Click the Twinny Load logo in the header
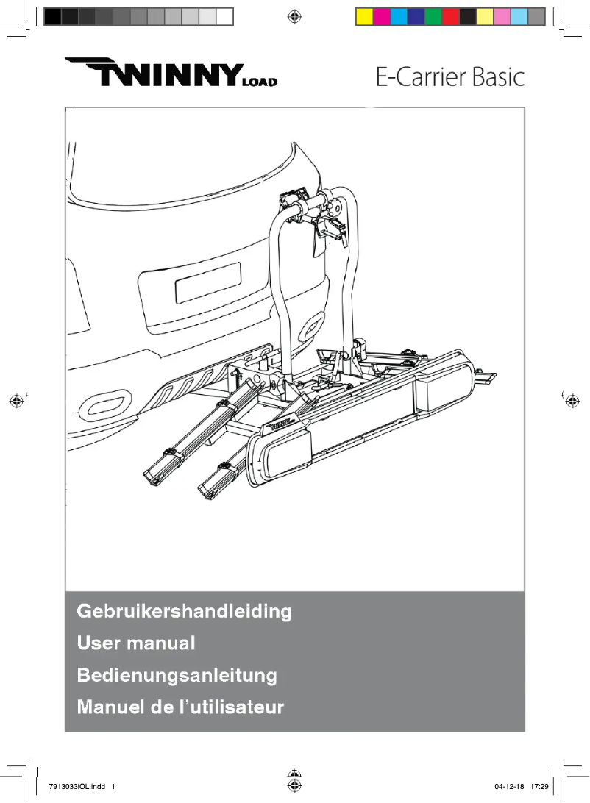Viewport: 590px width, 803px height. [x=171, y=72]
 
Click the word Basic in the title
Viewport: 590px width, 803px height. [x=498, y=77]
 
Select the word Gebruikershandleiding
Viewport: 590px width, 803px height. [x=185, y=612]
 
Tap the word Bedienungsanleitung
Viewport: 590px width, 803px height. [x=177, y=675]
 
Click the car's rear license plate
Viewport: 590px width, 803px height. [x=208, y=282]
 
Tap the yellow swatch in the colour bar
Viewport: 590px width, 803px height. [x=365, y=17]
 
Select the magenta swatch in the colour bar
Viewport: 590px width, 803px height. [x=382, y=17]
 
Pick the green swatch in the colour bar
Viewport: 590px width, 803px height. [x=433, y=17]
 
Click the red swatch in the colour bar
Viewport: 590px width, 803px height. [x=450, y=17]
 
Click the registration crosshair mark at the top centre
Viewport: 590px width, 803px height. [x=294, y=17]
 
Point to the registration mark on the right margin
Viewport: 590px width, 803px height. [x=572, y=401]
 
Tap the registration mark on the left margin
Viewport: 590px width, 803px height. [x=17, y=401]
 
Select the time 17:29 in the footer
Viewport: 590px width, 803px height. [x=539, y=787]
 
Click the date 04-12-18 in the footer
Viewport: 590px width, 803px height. [x=509, y=787]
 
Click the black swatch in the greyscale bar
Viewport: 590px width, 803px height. [x=53, y=17]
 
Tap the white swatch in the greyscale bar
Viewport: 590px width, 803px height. [x=225, y=17]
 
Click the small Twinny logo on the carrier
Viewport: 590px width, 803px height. [x=281, y=424]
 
